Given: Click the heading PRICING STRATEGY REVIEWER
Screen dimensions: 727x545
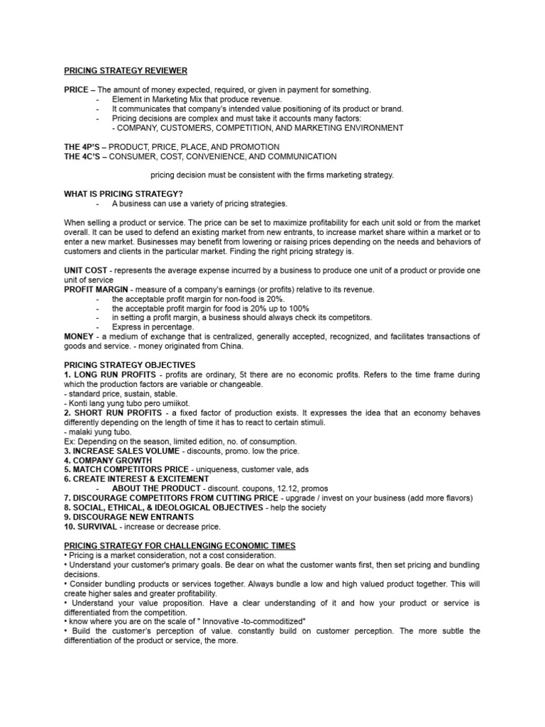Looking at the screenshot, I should [126, 71].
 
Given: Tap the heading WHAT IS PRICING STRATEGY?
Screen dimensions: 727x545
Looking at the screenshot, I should [123, 194].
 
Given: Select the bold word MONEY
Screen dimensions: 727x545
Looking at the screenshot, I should [79, 336].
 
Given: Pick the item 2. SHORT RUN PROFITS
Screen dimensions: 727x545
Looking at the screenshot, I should [111, 412].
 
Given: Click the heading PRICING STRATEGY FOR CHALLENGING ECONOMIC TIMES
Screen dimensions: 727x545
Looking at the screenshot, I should [180, 545].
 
